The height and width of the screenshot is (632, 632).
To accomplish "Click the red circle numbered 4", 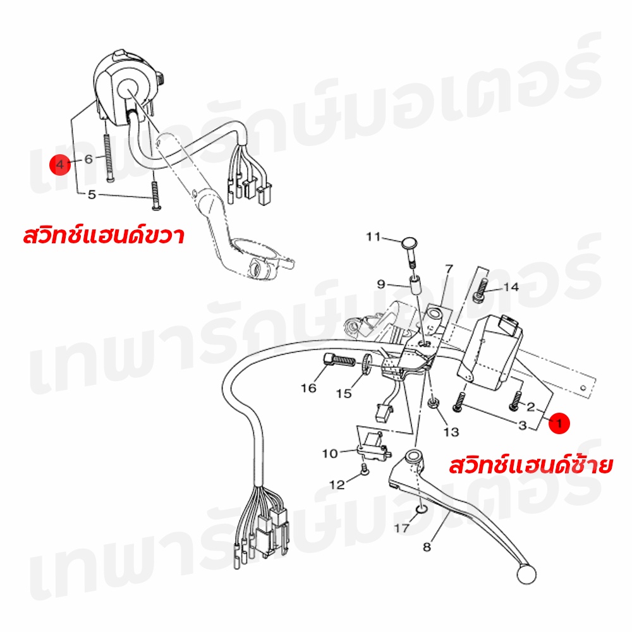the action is (60, 164).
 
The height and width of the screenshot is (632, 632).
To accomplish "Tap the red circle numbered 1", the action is (559, 423).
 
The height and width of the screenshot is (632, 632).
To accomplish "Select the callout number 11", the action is (374, 236).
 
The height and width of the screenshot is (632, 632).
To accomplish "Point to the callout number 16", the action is (308, 388).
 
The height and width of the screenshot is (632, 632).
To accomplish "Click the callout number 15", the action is (344, 393).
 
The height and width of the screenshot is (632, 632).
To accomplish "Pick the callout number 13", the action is (451, 432).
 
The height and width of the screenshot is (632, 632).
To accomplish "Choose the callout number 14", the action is (511, 287).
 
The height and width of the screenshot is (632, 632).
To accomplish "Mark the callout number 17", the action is (401, 528).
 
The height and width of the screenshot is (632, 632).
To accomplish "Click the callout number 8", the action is (427, 547).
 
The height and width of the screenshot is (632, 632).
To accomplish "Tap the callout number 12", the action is (337, 485).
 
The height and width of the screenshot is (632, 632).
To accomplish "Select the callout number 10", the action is (330, 453).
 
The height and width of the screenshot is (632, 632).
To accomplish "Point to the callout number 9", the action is (381, 284).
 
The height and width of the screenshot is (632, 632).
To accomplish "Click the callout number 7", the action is (449, 269).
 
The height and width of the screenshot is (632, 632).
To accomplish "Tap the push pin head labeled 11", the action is (409, 243).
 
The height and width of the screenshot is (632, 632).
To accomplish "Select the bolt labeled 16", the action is (339, 359).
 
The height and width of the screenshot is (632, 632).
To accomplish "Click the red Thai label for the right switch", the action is (104, 235).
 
